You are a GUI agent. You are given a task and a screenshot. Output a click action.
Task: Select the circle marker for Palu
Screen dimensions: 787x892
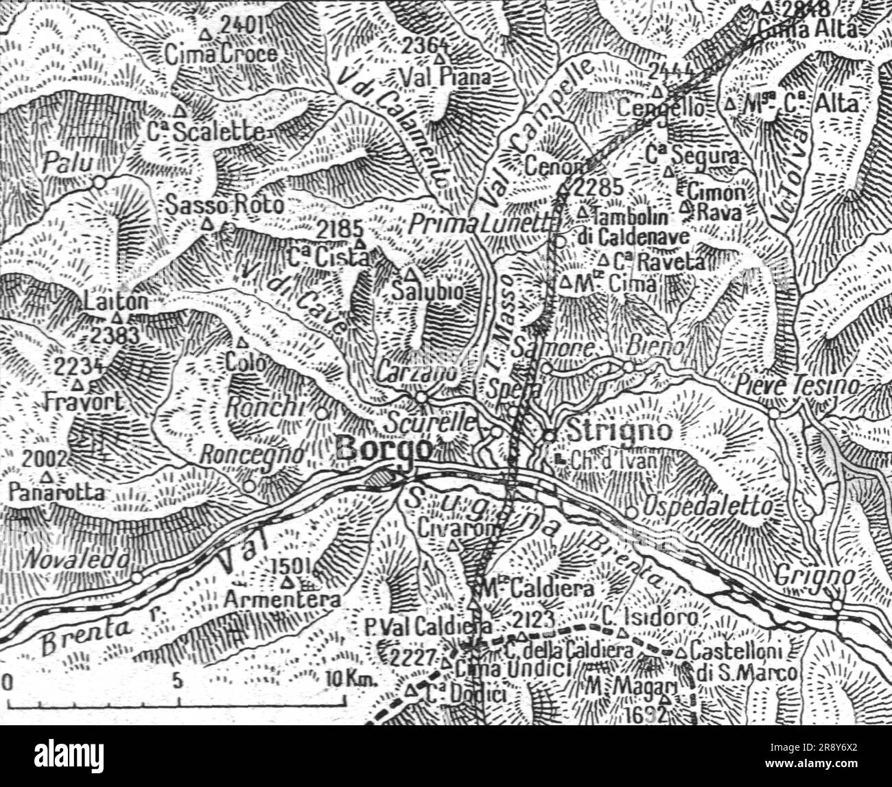pyautogui.click(x=99, y=183)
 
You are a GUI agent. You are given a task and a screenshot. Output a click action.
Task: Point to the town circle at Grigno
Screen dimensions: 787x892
pyautogui.click(x=836, y=604)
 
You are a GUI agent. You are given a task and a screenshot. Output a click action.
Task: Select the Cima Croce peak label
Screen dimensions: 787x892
pyautogui.click(x=222, y=54)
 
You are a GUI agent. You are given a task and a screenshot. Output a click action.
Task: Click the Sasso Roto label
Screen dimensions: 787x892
pyautogui.click(x=225, y=204)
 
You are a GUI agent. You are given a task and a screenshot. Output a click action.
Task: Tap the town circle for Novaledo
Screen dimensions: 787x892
pyautogui.click(x=137, y=578)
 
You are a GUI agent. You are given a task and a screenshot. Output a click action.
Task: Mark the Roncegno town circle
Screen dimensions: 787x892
pyautogui.click(x=249, y=486)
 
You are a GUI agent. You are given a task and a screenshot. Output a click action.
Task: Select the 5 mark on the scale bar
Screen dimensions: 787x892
pyautogui.click(x=177, y=681)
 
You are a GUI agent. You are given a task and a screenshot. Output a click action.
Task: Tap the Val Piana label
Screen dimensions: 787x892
pyautogui.click(x=456, y=77)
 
